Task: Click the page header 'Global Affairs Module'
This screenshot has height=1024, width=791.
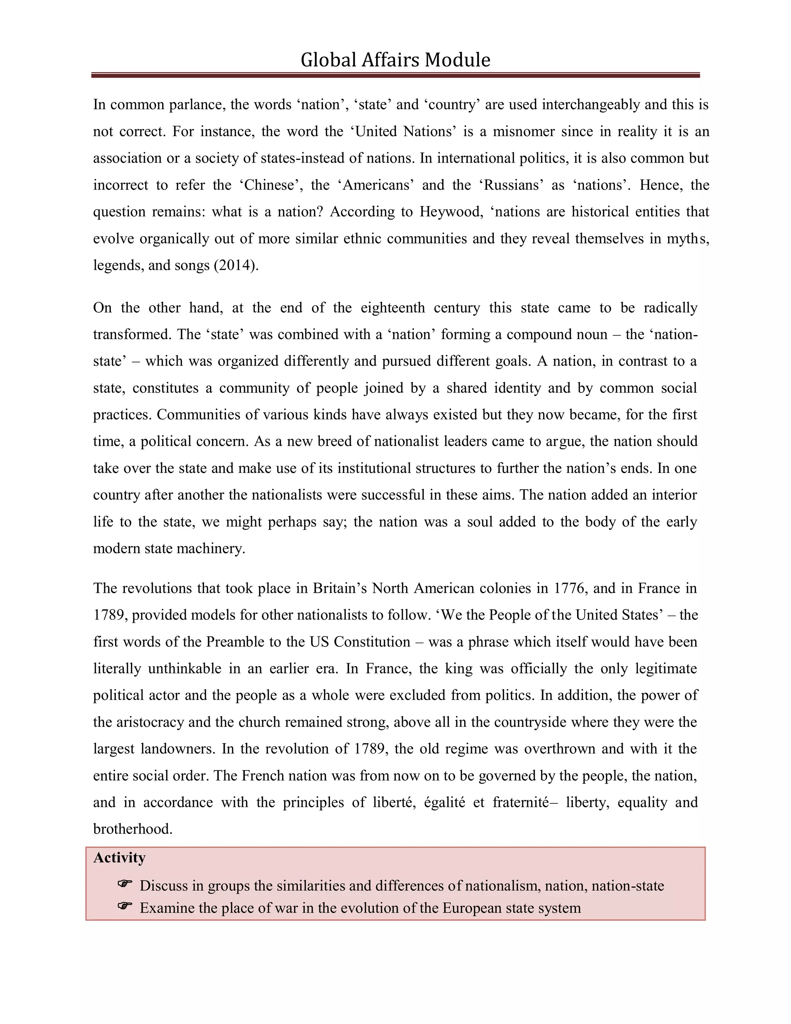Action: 395,60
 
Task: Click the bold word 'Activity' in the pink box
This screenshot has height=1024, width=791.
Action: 119,857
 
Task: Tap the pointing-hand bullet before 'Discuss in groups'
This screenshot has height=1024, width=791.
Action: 125,884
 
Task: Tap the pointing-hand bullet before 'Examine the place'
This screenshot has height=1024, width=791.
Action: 125,906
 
